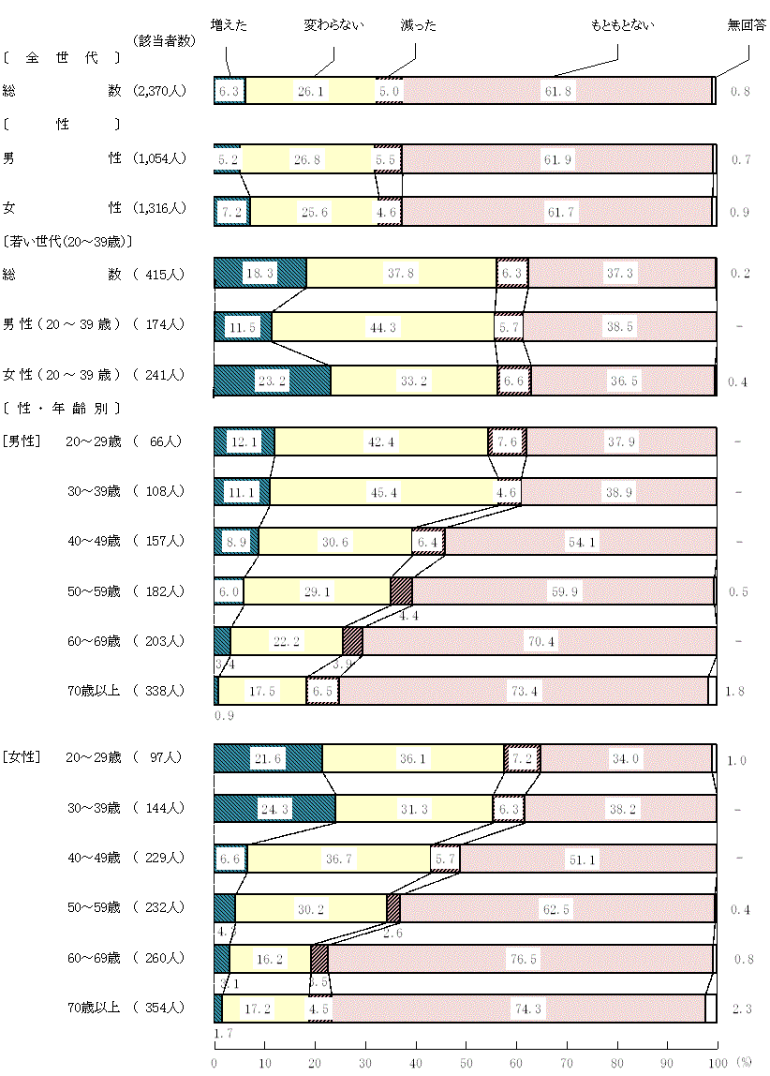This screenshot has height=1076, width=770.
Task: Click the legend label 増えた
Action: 230,25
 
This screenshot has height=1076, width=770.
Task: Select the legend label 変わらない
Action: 334,25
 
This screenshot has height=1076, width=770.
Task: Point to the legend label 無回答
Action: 747,25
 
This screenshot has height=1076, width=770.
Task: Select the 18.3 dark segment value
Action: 259,274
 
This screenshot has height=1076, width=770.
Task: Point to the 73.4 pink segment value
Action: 525,691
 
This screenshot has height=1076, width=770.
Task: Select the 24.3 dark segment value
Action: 274,807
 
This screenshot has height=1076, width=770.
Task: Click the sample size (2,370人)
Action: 160,91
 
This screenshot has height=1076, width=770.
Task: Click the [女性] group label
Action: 20,757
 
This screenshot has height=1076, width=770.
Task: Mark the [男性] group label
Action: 20,441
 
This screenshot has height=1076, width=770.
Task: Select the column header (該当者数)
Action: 165,40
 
